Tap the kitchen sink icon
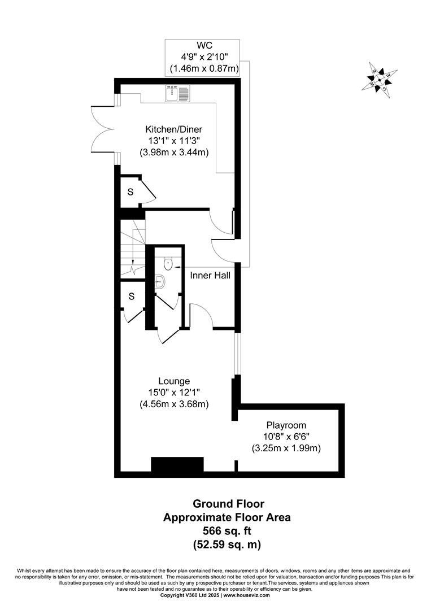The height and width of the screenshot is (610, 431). pyautogui.click(x=179, y=93)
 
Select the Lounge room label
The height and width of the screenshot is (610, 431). pyautogui.click(x=174, y=381)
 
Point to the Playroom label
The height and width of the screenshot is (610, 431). pyautogui.click(x=286, y=425)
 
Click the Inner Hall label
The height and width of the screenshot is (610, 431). pyautogui.click(x=210, y=276)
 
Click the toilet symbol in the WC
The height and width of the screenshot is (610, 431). pyautogui.click(x=168, y=263)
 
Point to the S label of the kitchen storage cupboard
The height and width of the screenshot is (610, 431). pyautogui.click(x=130, y=192)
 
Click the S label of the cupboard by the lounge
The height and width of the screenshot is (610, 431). pyautogui.click(x=131, y=296)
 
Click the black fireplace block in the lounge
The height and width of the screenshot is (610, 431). pyautogui.click(x=177, y=464)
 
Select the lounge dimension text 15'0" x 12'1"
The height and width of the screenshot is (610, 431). pyautogui.click(x=174, y=392)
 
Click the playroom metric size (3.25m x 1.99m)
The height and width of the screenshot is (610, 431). pyautogui.click(x=286, y=448)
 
